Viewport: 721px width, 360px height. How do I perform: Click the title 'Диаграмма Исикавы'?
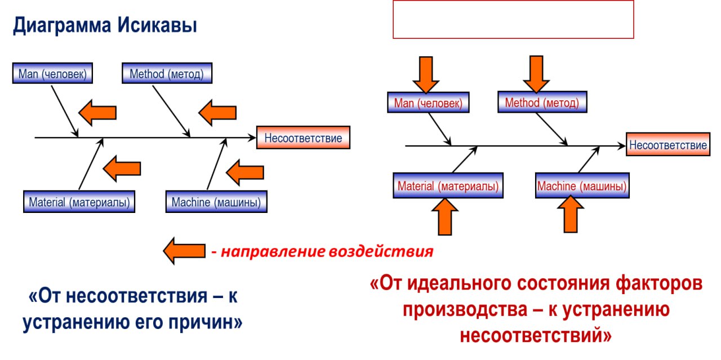pyautogui.click(x=105, y=25)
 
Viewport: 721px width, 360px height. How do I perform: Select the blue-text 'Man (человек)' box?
pyautogui.click(x=52, y=73)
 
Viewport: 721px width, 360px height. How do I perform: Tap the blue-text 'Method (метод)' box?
pyautogui.click(x=167, y=73)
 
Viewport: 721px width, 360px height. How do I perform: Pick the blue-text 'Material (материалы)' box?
pyautogui.click(x=79, y=202)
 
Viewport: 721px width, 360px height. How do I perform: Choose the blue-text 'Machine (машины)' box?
pyautogui.click(x=216, y=202)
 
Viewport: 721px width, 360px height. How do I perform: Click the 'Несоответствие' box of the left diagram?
pyautogui.click(x=303, y=137)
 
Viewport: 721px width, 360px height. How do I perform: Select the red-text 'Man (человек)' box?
pyautogui.click(x=428, y=103)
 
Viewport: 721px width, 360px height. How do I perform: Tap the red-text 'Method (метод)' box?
pyautogui.click(x=542, y=102)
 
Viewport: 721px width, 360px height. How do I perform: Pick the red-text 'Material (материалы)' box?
pyautogui.click(x=448, y=185)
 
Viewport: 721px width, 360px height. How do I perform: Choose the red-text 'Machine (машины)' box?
pyautogui.click(x=582, y=185)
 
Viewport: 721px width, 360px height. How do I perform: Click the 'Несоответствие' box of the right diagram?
pyautogui.click(x=668, y=144)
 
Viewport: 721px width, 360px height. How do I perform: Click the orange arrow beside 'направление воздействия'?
pyautogui.click(x=184, y=251)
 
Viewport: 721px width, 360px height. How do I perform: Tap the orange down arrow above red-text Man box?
pyautogui.click(x=426, y=75)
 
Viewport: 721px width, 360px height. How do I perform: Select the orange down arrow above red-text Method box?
pyautogui.click(x=536, y=74)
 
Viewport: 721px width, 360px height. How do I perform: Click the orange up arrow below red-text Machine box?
pyautogui.click(x=571, y=214)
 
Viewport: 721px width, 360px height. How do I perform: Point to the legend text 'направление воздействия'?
pyautogui.click(x=327, y=251)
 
